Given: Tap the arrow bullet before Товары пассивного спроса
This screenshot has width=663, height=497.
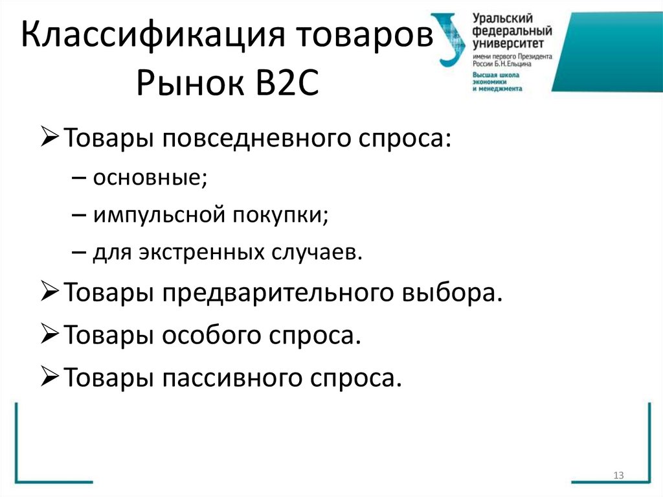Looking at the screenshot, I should point(51,376).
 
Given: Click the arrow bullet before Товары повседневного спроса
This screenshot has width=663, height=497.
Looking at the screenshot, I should point(51,138).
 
